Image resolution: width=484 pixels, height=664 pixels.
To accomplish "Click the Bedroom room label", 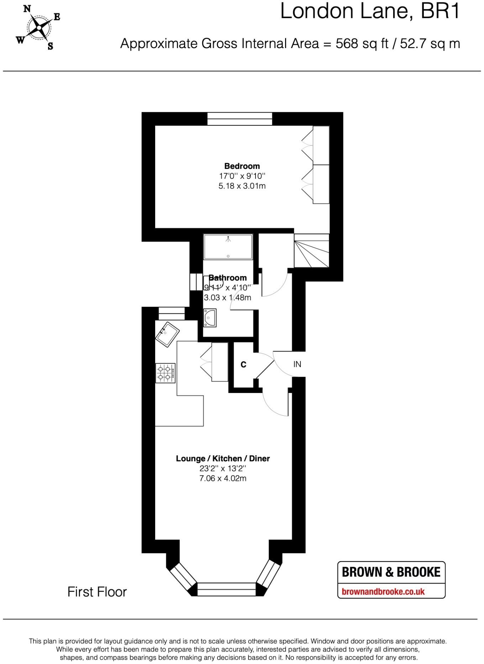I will [x=242, y=166].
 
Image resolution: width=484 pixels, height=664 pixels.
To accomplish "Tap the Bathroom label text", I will [x=228, y=278].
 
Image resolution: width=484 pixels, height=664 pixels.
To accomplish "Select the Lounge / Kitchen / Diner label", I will [x=223, y=458].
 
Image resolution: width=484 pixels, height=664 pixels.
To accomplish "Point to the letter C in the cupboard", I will [x=243, y=364].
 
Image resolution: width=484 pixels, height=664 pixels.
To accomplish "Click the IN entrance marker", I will [x=297, y=364].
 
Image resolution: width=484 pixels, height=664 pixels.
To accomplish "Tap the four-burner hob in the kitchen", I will [x=165, y=373].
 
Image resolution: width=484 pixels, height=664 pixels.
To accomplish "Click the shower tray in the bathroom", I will [x=228, y=247].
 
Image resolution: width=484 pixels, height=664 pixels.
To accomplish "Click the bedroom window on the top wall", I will [x=240, y=119].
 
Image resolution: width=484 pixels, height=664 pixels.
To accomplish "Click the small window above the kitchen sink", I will [x=171, y=313].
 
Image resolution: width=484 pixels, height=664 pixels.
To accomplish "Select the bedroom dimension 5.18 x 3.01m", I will [x=242, y=186].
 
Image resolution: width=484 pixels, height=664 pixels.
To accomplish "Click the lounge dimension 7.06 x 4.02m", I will [x=223, y=478].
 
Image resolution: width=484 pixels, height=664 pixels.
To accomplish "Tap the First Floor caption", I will [x=97, y=592].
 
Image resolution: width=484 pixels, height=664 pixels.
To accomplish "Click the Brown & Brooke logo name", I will [x=391, y=572].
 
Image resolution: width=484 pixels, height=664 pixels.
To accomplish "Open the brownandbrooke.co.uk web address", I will [x=383, y=592].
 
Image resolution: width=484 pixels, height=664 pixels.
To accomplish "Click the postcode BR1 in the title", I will [x=440, y=11].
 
